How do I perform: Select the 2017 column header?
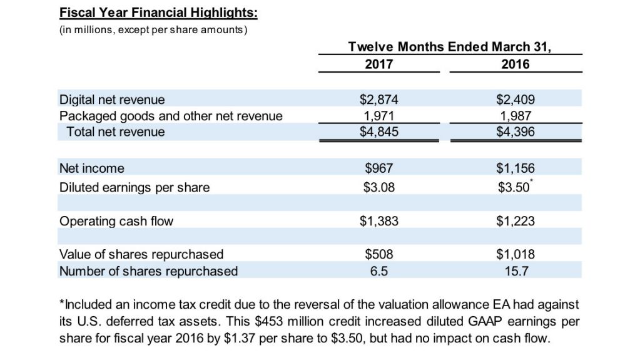[x=379, y=64]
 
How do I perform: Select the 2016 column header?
[x=515, y=64]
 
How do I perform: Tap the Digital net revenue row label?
[x=112, y=100]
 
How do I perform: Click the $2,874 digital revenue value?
[x=379, y=100]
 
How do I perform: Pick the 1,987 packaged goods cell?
[x=515, y=116]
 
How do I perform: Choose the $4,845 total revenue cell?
[x=379, y=131]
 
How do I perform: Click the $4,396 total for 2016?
[x=515, y=131]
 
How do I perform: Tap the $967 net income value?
[x=379, y=168]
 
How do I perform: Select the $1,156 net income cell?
[x=515, y=168]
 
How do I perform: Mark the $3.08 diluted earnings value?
[x=379, y=187]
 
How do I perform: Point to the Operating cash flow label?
[x=116, y=221]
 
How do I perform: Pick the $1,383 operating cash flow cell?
[x=379, y=221]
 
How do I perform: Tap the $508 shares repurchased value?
[x=379, y=254]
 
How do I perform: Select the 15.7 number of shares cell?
[x=515, y=271]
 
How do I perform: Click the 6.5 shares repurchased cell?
[x=379, y=271]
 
